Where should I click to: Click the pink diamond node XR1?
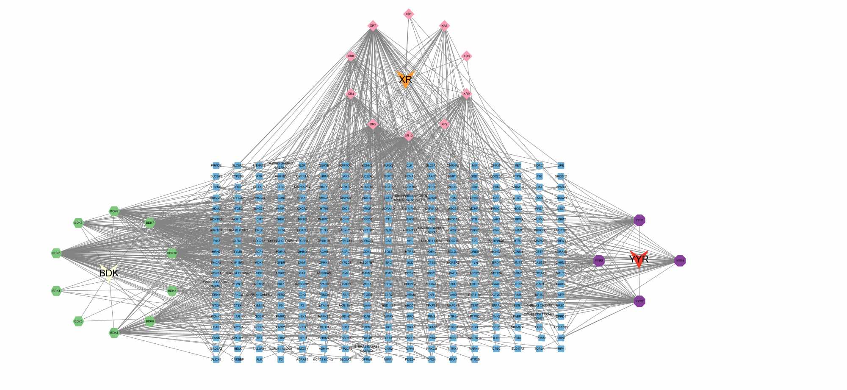coord(408,14)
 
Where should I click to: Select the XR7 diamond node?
coord(373,25)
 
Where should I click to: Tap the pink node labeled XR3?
coord(466,56)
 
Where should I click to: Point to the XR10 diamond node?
coord(408,136)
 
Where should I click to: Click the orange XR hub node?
coord(405,79)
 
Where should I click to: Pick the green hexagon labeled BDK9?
coord(114,211)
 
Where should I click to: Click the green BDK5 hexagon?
coord(56,253)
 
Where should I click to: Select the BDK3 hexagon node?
coord(78,321)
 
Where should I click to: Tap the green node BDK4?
coord(114,333)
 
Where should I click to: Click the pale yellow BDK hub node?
coord(109,273)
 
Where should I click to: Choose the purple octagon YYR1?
coord(639,220)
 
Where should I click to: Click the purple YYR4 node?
coord(680,261)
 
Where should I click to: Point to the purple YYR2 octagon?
coord(639,301)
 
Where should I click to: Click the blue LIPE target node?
coord(561,165)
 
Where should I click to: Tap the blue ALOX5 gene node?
coord(216,359)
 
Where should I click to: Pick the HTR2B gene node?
coord(475,359)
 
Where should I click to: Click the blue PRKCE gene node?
coord(216,165)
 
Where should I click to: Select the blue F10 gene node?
coord(539,176)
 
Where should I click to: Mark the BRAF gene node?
coord(453,359)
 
